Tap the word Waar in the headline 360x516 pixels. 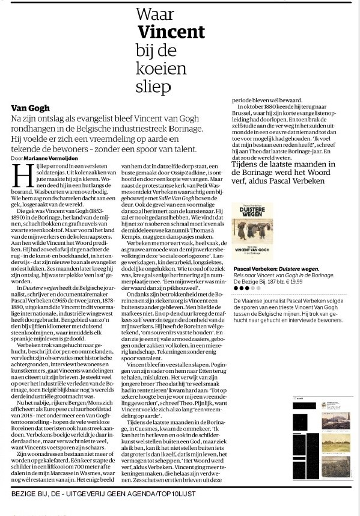[x=152, y=13]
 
